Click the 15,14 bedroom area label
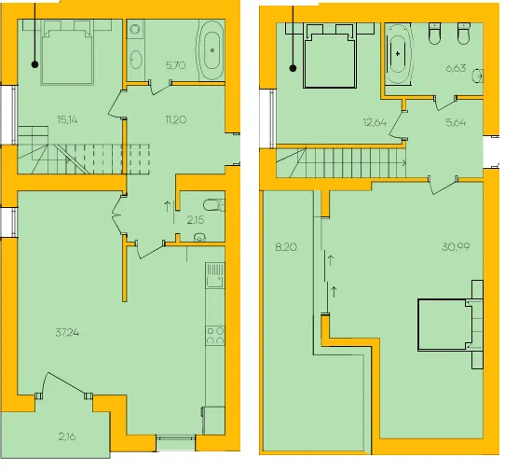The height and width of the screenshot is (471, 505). point(67,120)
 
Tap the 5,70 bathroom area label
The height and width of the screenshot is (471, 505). point(175,66)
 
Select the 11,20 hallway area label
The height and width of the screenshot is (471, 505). point(175,120)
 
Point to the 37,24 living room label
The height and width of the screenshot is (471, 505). point(67,332)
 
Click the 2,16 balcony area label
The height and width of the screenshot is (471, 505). point(67,436)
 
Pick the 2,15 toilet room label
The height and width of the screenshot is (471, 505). point(196,220)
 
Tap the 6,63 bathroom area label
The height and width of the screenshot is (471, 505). point(456,68)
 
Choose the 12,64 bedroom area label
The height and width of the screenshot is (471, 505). point(375,122)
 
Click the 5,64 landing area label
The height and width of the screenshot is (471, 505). point(456,122)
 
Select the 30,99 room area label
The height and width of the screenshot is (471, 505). point(456,247)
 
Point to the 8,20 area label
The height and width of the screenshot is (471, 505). point(286,247)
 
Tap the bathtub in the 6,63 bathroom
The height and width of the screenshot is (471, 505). point(399,54)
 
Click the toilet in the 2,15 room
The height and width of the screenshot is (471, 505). point(214,204)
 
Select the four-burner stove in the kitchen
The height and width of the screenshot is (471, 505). point(215,336)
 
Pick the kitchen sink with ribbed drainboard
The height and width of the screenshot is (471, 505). point(215,275)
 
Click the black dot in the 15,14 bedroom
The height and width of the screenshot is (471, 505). point(34,64)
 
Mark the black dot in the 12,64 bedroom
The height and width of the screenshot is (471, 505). point(293,68)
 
